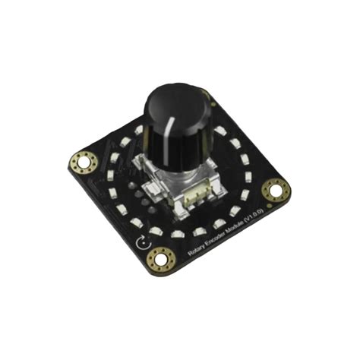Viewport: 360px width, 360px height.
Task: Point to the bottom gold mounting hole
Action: click(x=161, y=258)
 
